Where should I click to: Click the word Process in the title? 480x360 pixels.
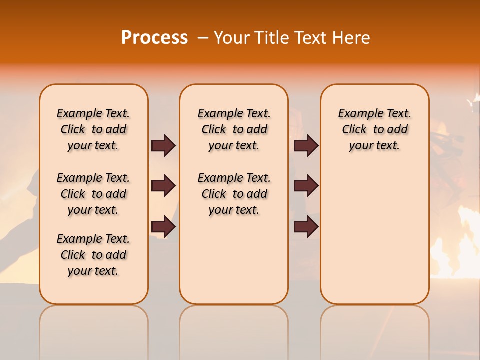(154, 38)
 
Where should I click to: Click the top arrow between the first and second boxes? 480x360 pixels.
(163, 145)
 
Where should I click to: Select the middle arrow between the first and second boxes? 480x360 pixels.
(163, 186)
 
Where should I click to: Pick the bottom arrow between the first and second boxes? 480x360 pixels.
(163, 227)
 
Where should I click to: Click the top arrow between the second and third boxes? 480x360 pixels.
(306, 145)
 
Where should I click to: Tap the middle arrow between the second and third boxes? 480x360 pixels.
(306, 186)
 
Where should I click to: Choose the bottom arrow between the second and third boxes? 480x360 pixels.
(306, 227)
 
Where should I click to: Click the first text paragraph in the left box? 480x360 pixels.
(93, 129)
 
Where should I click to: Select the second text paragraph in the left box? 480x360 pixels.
(93, 194)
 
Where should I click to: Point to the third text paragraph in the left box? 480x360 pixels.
(93, 255)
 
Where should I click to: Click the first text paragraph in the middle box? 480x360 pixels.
(234, 129)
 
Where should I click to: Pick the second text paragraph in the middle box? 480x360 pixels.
(234, 194)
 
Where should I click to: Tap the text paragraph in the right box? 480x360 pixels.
(374, 129)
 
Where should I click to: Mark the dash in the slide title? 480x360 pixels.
(203, 38)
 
